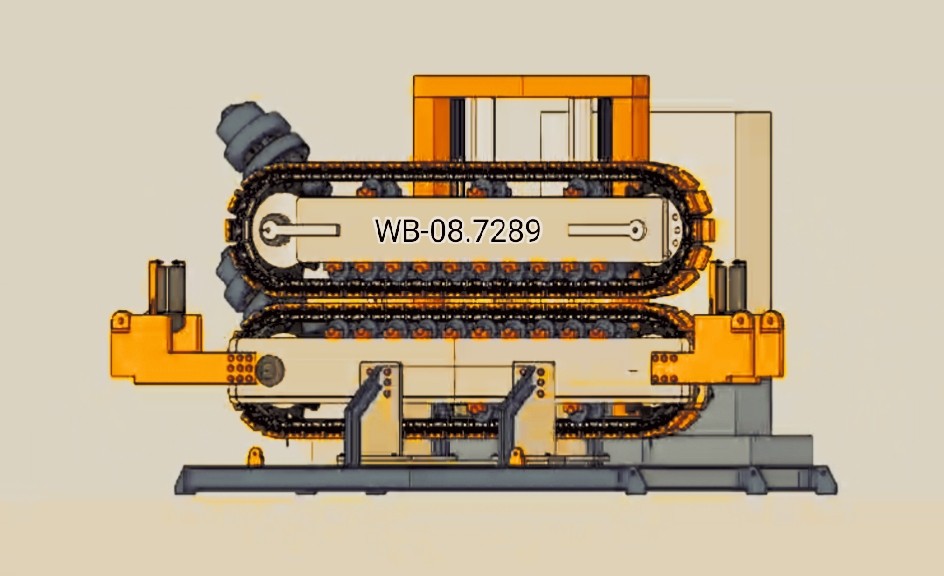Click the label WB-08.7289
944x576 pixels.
458,231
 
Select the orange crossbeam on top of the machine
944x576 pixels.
531,86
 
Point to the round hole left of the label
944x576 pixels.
269,230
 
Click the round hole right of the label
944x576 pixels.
636,228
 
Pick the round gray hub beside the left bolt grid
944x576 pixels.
269,370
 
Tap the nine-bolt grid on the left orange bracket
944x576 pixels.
241,368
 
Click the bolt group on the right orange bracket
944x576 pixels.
665,368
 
